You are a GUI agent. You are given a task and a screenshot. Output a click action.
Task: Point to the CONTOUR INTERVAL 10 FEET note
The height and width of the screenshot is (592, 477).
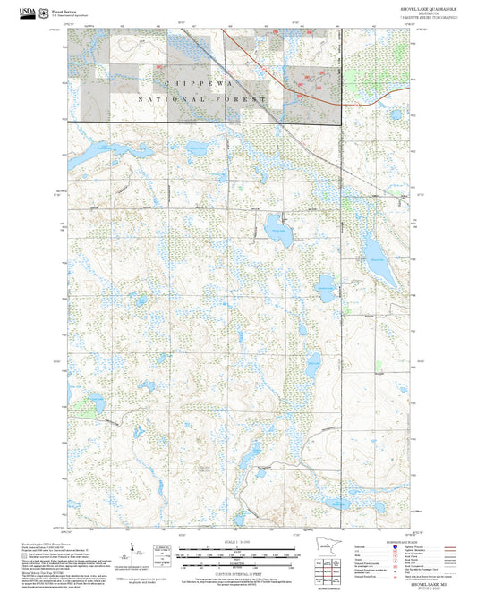point(238,569)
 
